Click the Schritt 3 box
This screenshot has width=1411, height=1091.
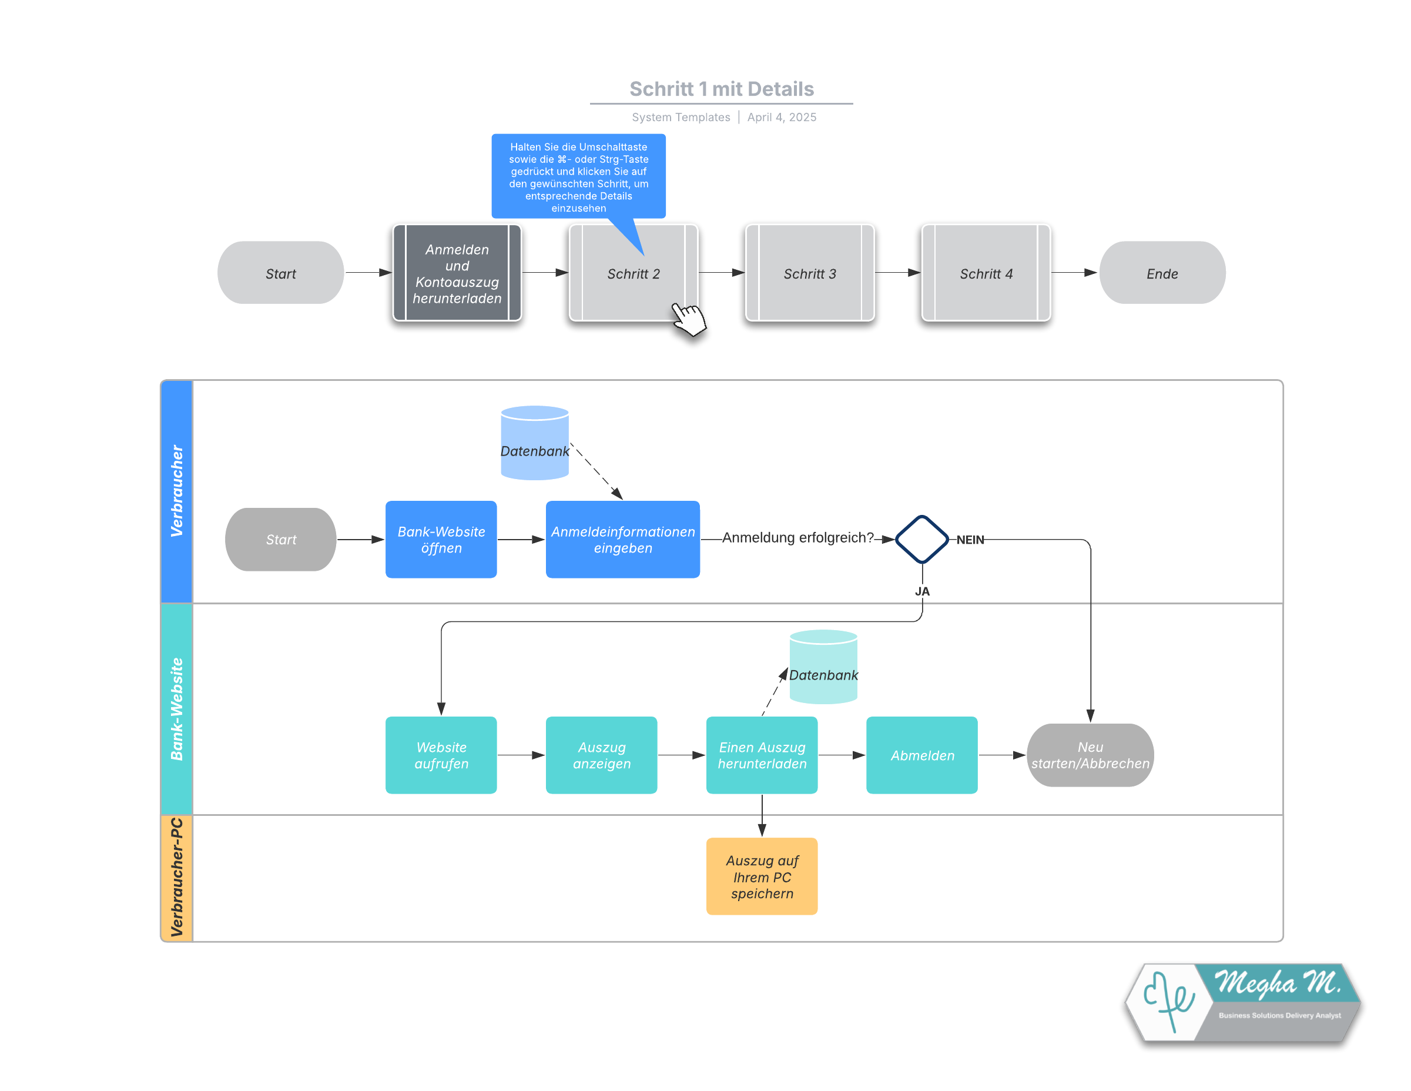click(809, 273)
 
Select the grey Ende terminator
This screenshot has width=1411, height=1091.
click(1162, 273)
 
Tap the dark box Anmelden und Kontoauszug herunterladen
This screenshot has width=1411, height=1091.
click(457, 273)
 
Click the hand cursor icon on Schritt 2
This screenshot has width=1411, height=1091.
click(688, 319)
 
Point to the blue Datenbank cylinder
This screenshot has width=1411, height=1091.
click(535, 443)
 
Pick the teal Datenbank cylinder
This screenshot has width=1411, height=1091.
click(824, 667)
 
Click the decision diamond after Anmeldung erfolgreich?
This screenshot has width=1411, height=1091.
click(922, 539)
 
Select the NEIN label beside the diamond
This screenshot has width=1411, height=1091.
click(970, 540)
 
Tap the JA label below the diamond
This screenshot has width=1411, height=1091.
click(922, 591)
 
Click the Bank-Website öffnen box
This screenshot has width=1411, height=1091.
click(441, 540)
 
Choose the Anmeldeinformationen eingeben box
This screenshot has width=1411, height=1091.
click(623, 540)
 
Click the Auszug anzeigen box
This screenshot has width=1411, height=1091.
click(602, 755)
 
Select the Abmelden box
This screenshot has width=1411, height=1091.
click(922, 755)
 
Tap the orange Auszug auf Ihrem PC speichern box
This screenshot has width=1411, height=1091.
click(762, 876)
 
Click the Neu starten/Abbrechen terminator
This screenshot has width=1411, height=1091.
click(1090, 755)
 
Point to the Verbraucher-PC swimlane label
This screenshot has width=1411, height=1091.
click(177, 877)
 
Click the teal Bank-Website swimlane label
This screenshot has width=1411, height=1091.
click(177, 709)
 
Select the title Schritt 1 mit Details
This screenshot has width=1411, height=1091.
click(721, 89)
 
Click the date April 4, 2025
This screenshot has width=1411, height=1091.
click(782, 117)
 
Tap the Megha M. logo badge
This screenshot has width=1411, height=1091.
click(1243, 1002)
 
